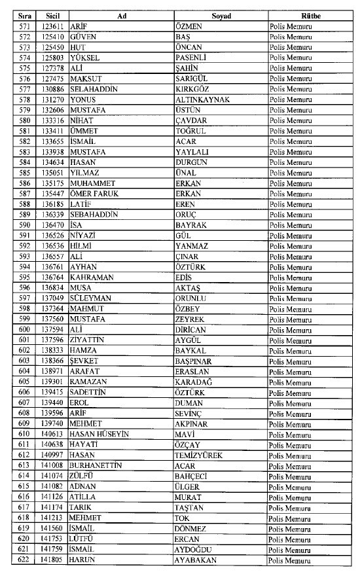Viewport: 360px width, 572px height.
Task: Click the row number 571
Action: pos(25,26)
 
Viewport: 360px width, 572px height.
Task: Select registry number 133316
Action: pos(52,120)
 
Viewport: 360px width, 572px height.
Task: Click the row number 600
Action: pos(25,329)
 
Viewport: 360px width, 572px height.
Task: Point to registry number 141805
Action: pos(52,561)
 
